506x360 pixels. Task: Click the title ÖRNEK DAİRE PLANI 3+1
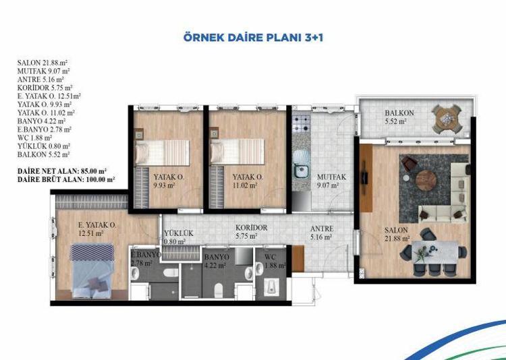(253, 38)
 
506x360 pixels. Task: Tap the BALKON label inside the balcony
(399, 113)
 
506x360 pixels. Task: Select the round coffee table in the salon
(426, 181)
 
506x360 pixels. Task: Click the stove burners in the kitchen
(301, 123)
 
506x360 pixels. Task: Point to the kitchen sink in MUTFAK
(301, 171)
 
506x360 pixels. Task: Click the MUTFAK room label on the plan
(331, 177)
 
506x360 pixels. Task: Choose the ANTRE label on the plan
(322, 229)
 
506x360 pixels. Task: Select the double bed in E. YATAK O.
(92, 270)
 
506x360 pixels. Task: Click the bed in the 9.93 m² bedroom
(163, 152)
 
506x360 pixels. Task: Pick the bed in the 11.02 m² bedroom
(237, 151)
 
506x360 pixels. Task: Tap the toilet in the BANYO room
(219, 290)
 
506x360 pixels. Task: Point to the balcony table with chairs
(447, 119)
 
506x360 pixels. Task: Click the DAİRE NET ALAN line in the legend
(62, 171)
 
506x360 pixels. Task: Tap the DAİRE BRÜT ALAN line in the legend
(66, 179)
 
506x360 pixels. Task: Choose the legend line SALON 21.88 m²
(43, 63)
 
